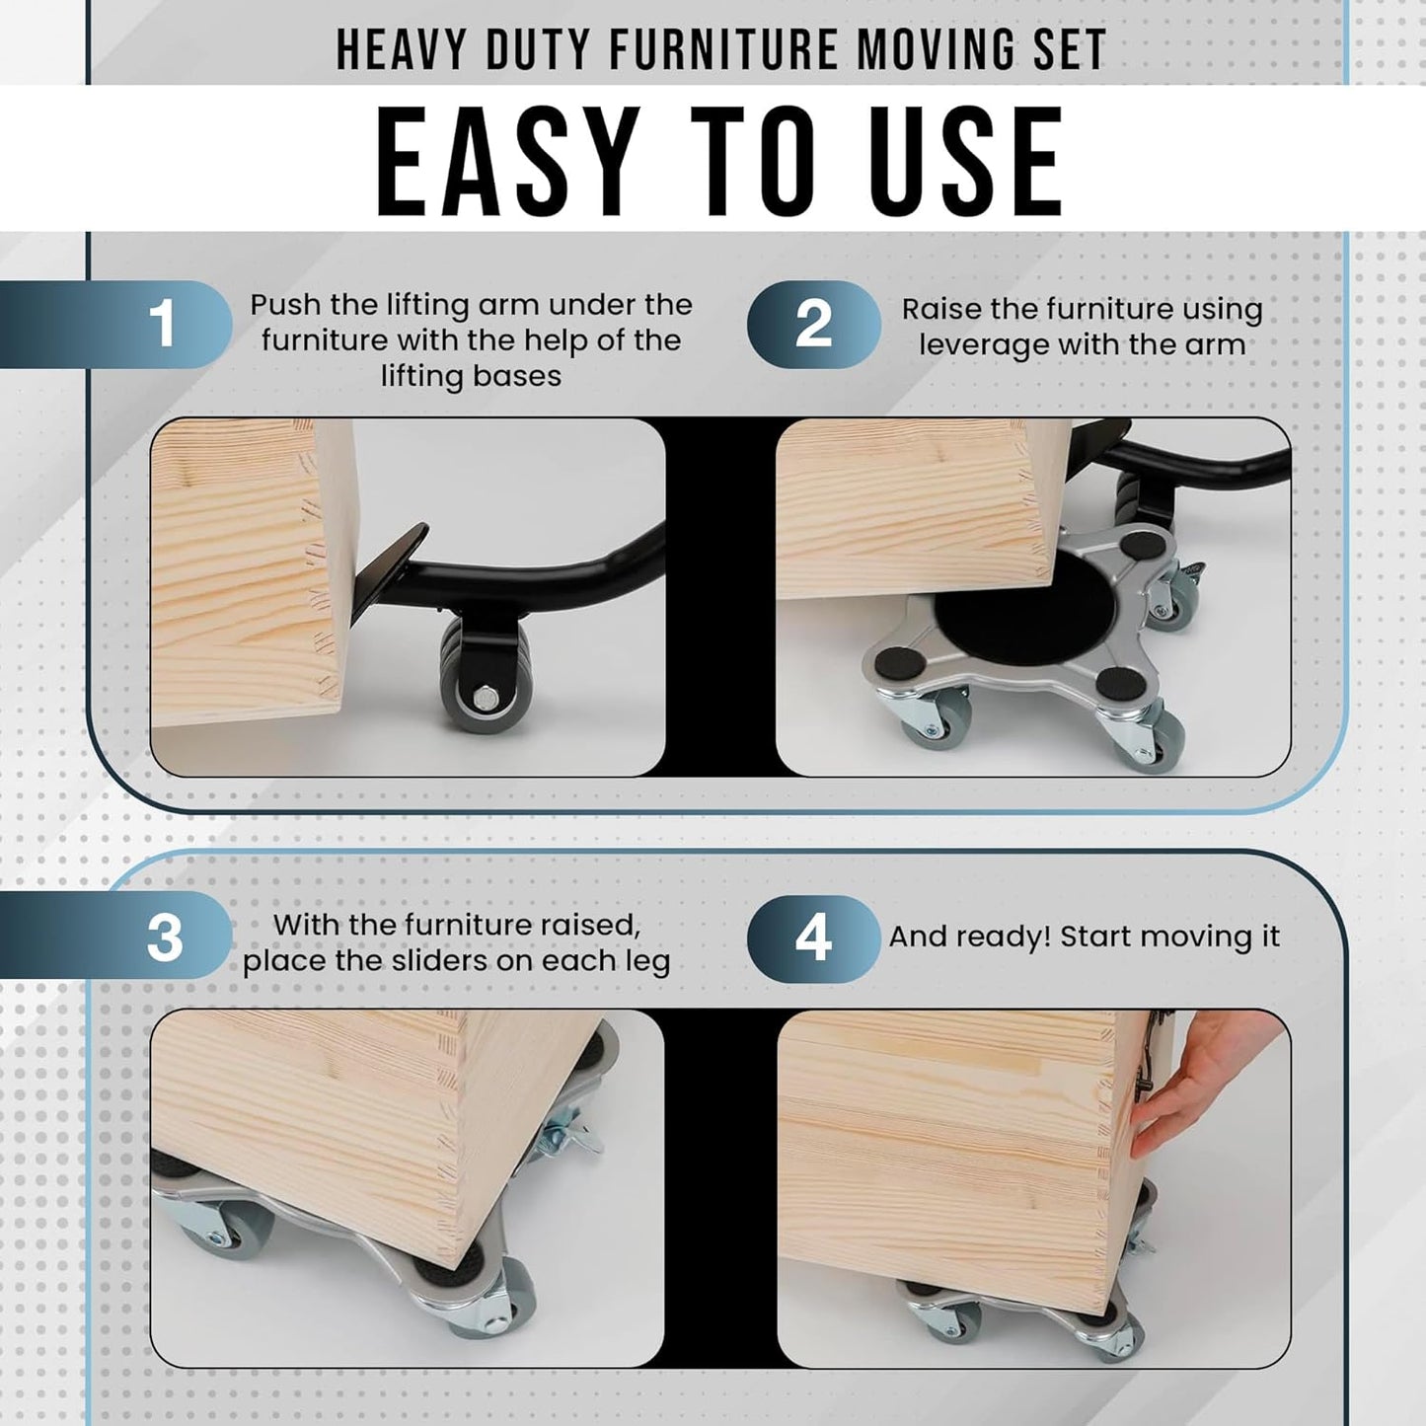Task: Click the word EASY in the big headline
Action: (507, 161)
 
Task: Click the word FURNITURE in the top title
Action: (724, 50)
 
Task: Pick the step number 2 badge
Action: (813, 324)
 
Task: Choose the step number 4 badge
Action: (813, 938)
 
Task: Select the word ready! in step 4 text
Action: (1003, 938)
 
